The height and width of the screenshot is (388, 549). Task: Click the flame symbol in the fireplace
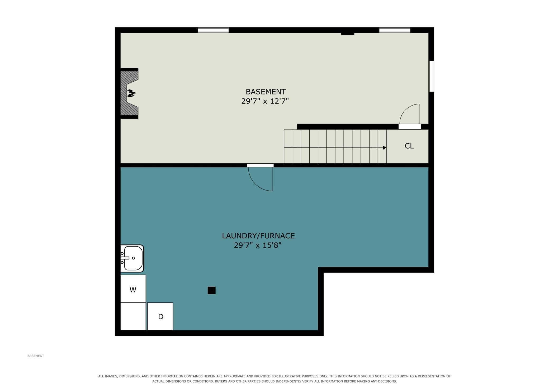[x=131, y=93]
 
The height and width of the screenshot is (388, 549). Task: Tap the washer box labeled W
[x=133, y=289]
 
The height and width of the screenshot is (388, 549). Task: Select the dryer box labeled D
[x=160, y=316]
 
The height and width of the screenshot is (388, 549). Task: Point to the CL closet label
[x=409, y=146]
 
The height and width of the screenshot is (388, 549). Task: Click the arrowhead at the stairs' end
[x=385, y=148]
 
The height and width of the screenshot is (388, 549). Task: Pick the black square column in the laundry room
[x=212, y=290]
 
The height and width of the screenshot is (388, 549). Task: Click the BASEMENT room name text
[x=266, y=92]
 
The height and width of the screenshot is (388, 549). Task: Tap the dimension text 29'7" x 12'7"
[x=265, y=101]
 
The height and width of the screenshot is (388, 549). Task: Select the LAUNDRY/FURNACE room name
[x=258, y=236]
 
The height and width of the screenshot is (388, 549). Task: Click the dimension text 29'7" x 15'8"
[x=258, y=245]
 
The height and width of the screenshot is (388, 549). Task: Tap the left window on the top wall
[x=213, y=30]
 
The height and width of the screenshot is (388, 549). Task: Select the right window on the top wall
[x=395, y=30]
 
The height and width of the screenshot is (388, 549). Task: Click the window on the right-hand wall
[x=431, y=76]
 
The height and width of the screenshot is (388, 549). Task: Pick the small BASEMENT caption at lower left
[x=36, y=356]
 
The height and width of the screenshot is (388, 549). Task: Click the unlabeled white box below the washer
[x=133, y=316]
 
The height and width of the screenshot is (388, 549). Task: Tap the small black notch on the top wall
[x=348, y=34]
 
